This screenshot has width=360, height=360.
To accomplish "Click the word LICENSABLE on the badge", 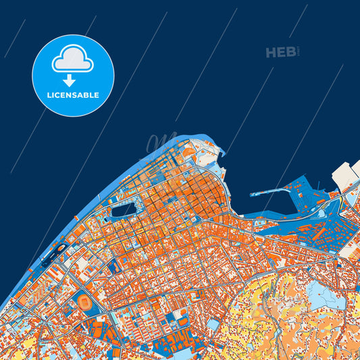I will tap(73, 95).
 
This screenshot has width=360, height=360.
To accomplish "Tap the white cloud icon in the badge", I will tap(73, 59).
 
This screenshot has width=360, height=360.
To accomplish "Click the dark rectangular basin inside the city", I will tap(124, 210).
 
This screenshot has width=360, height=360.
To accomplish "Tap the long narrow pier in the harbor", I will tap(273, 190).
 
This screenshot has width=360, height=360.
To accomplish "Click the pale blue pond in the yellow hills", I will tap(317, 294).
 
